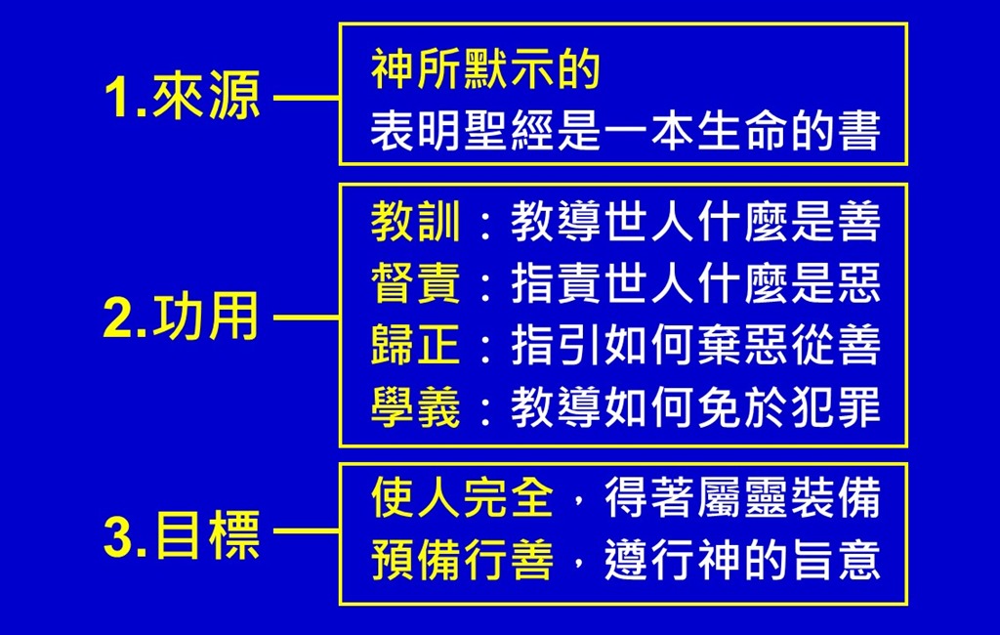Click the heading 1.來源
click(182, 99)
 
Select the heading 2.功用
click(182, 317)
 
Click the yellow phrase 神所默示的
click(485, 71)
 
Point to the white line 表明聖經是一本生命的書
click(625, 131)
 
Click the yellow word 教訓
click(415, 224)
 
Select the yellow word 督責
click(415, 284)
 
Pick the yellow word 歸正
click(415, 346)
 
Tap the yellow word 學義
click(415, 407)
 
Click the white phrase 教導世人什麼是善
click(695, 224)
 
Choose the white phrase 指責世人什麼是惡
click(695, 284)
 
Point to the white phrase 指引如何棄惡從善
click(695, 346)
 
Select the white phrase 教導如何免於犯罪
click(695, 407)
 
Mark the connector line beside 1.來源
click(306, 99)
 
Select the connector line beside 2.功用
click(306, 317)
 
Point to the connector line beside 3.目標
click(306, 533)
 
